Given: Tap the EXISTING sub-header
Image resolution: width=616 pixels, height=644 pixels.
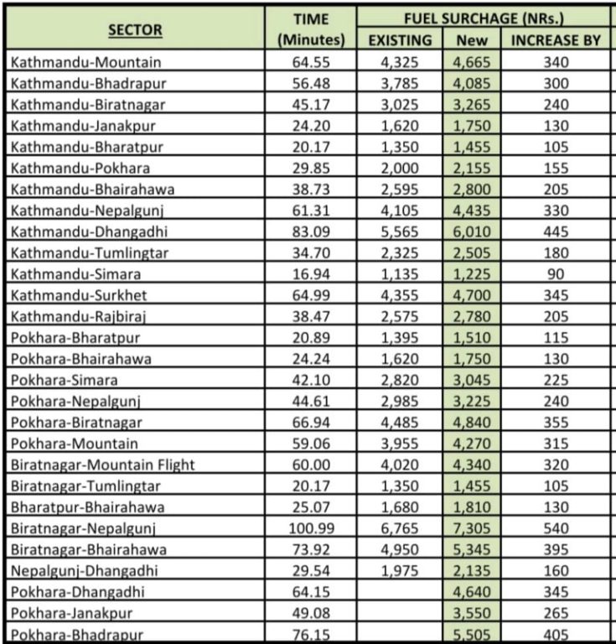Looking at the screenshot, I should (400, 39).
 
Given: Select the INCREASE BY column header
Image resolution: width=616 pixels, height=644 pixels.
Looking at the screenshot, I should (556, 39).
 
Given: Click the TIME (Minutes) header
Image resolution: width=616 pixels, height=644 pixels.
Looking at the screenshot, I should (311, 29).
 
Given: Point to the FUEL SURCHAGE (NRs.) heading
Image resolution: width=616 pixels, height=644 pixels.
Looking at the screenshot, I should (483, 18).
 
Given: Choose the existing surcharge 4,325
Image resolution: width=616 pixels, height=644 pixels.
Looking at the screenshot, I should (400, 62).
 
